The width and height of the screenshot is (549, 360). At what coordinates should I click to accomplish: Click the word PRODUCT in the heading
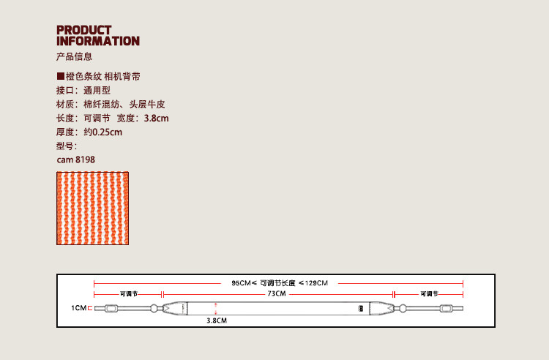[84, 30]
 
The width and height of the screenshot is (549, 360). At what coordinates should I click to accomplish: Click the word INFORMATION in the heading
[97, 41]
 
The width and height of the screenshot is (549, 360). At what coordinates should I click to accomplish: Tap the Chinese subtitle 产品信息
[74, 57]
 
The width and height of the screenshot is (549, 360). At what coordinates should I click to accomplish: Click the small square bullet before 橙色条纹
[60, 77]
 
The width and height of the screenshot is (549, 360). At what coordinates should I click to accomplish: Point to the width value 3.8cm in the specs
[156, 119]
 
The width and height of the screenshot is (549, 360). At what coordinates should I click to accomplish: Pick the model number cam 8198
[75, 160]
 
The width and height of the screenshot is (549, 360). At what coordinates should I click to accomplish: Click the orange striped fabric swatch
[93, 208]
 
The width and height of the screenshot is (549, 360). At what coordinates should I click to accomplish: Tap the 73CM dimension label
[277, 293]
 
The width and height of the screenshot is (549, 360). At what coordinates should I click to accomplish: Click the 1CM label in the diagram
[78, 309]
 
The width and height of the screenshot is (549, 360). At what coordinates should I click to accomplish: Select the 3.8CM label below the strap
[217, 320]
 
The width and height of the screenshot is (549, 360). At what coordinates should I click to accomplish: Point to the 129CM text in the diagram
[316, 282]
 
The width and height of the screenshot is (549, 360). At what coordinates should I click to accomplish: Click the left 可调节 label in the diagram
[129, 293]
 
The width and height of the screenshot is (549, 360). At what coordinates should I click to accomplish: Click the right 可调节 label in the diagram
[429, 293]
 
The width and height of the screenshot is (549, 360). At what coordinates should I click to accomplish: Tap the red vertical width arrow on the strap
[216, 308]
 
